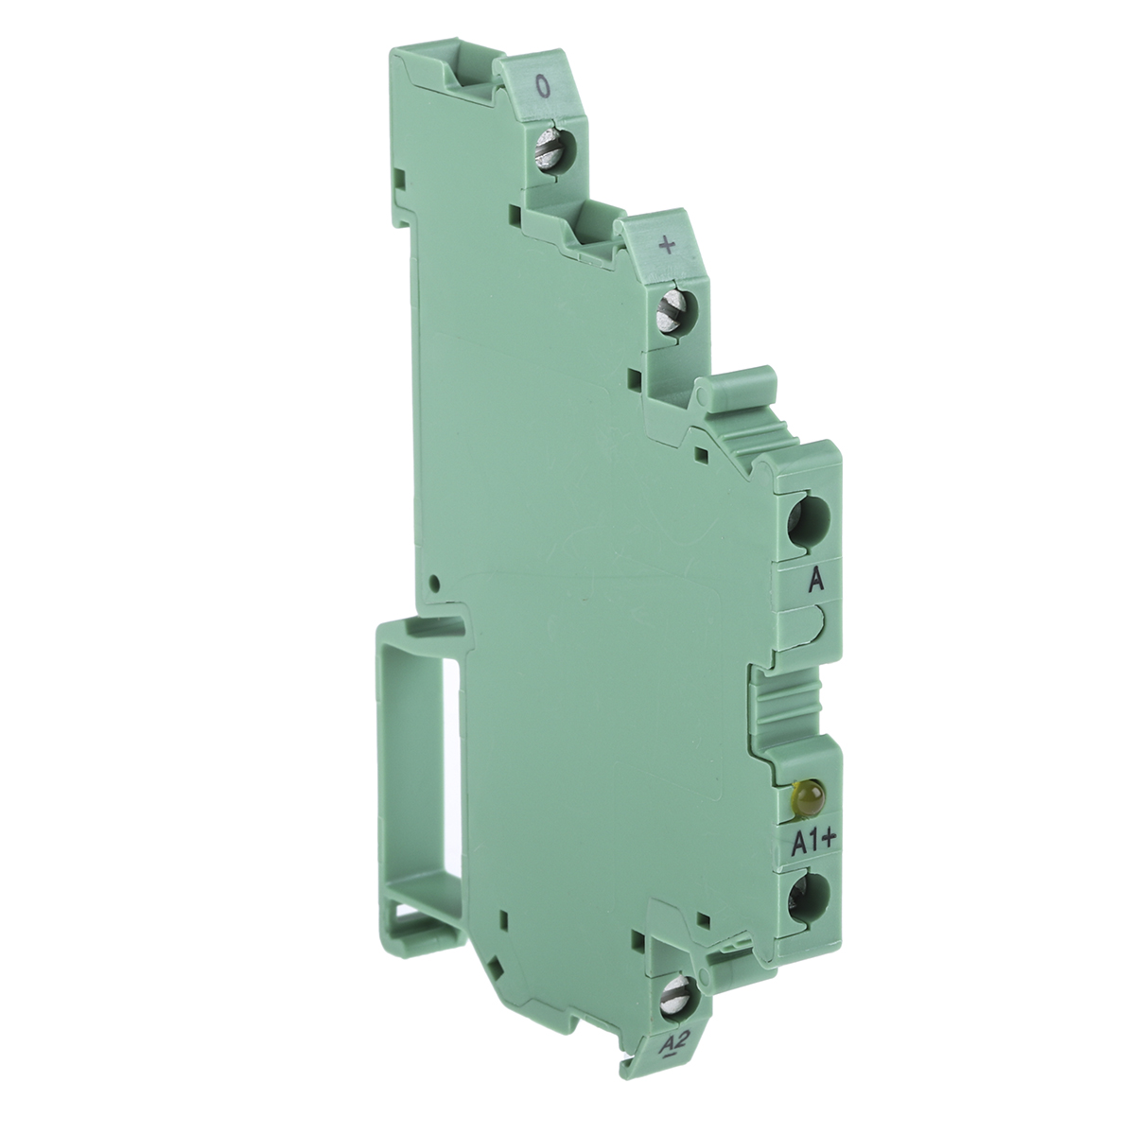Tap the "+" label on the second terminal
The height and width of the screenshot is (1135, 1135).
point(668,246)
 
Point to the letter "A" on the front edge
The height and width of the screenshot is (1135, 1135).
point(814,582)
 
